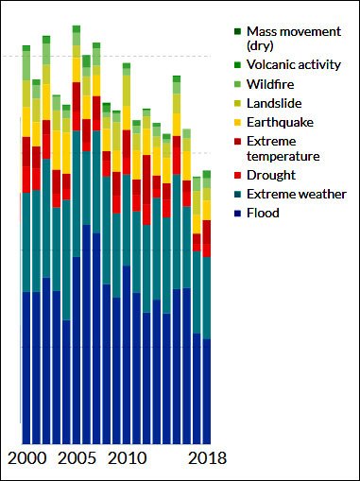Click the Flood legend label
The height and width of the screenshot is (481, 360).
pos(263,214)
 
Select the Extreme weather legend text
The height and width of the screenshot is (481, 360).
pos(296,195)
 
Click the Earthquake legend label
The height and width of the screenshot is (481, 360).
pos(280,122)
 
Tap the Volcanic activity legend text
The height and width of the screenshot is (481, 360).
pos(293,65)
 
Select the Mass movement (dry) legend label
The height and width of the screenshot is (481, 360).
pos(293,39)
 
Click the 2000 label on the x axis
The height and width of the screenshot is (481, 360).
pos(26,459)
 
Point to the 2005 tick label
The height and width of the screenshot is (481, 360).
pos(77,459)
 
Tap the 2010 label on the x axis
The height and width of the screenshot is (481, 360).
pos(127,459)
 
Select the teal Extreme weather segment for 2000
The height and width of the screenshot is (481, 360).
pos(26,242)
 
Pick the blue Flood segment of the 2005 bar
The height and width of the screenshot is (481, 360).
pos(77,350)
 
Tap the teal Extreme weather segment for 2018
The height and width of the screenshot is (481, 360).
pos(207,298)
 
